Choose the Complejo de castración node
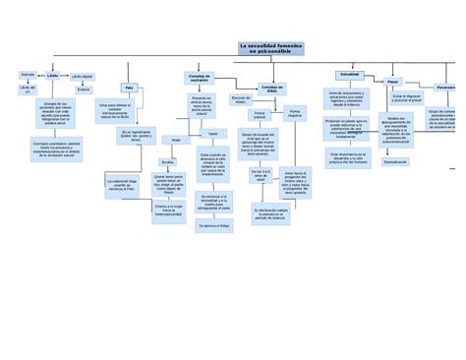pyautogui.click(x=200, y=78)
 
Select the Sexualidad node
pyautogui.click(x=348, y=75)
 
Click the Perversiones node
pyautogui.click(x=446, y=87)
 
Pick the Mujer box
pyautogui.click(x=177, y=140)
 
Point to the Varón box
pyautogui.click(x=211, y=133)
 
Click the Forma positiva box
pyautogui.click(x=259, y=115)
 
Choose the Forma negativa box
pyautogui.click(x=294, y=115)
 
